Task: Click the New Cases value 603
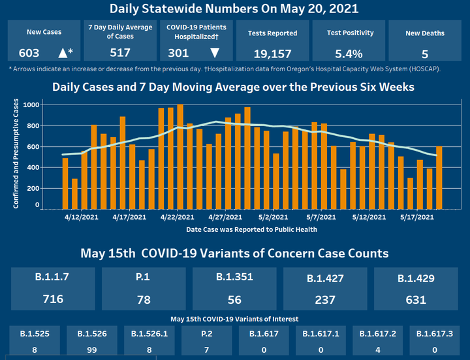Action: tap(30, 54)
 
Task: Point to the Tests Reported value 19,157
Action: tap(272, 54)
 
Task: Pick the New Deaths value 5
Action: tap(425, 54)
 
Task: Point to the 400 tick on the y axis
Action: tap(33, 168)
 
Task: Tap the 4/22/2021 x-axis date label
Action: tap(176, 217)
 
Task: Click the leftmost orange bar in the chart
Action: tap(65, 183)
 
